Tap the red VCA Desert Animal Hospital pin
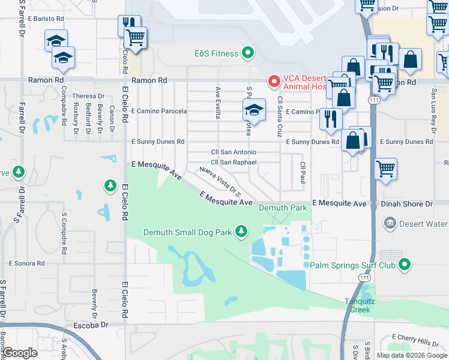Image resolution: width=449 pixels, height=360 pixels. [274, 80]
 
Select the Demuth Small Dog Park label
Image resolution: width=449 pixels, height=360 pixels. [187, 232]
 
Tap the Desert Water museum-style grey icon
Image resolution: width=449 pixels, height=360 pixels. [390, 224]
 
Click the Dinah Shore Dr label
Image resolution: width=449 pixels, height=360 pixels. [407, 204]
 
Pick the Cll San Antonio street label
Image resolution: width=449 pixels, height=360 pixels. [234, 152]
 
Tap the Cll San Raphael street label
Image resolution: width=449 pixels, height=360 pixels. [234, 162]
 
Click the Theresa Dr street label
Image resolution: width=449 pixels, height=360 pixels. [88, 96]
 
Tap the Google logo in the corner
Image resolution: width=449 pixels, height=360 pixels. [20, 353]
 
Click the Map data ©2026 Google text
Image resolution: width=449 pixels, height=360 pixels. [412, 355]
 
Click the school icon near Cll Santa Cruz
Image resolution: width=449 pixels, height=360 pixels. [253, 110]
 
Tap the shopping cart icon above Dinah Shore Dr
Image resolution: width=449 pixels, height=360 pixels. [385, 168]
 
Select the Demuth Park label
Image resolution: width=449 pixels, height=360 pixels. [283, 208]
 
